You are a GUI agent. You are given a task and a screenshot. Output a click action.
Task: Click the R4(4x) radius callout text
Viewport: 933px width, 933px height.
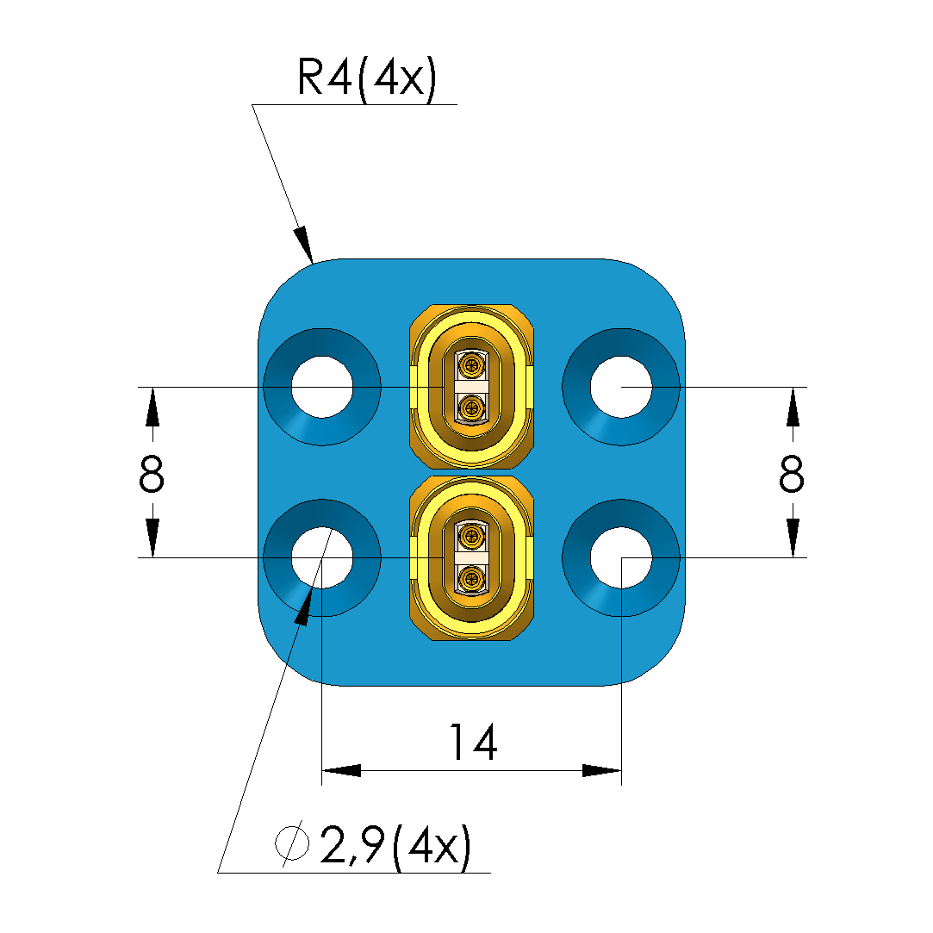pyautogui.click(x=367, y=79)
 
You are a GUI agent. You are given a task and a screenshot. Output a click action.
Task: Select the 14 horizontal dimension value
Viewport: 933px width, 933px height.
pyautogui.click(x=473, y=743)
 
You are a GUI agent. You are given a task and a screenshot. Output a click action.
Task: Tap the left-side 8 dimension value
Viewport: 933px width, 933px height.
pyautogui.click(x=151, y=473)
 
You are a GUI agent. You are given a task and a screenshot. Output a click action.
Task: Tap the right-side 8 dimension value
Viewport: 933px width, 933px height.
pyautogui.click(x=791, y=473)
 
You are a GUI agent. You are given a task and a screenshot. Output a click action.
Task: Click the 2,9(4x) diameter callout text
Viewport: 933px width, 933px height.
pyautogui.click(x=395, y=847)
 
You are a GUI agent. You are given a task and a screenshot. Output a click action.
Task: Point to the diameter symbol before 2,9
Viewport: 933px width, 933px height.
pyautogui.click(x=292, y=845)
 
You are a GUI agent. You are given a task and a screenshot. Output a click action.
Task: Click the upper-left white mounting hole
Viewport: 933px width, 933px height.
pyautogui.click(x=321, y=387)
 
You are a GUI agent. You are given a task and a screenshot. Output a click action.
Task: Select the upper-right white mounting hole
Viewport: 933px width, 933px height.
pyautogui.click(x=621, y=387)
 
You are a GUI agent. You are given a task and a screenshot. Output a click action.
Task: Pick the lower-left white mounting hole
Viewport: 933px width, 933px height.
pyautogui.click(x=321, y=557)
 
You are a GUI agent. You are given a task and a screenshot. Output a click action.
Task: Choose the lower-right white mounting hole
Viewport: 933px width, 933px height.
pyautogui.click(x=621, y=557)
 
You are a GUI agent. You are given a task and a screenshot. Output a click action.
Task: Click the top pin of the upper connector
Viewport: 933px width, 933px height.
pyautogui.click(x=471, y=366)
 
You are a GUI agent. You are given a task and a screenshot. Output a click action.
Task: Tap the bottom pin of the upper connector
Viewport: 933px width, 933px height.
pyautogui.click(x=471, y=407)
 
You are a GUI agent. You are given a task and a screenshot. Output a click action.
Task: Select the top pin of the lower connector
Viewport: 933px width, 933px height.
pyautogui.click(x=471, y=538)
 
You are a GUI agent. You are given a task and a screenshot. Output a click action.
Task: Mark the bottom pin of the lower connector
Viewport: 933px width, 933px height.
pyautogui.click(x=471, y=579)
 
